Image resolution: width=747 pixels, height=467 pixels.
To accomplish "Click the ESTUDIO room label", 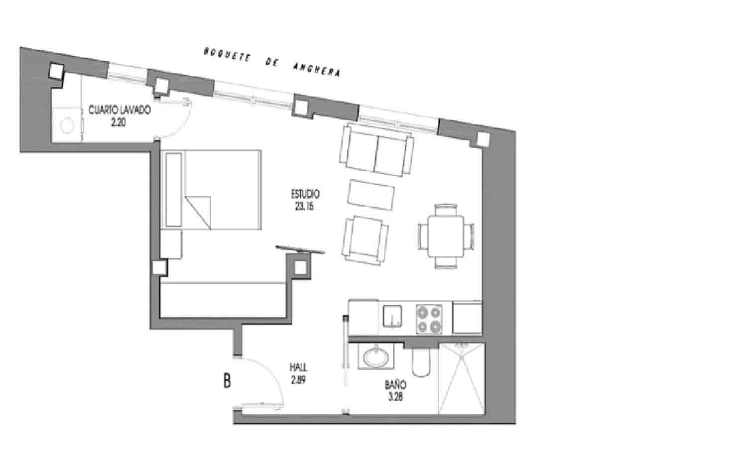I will click(x=305, y=194).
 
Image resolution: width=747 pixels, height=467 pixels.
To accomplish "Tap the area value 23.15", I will click(x=304, y=206).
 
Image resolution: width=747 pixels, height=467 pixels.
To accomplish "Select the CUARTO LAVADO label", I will click(x=119, y=110).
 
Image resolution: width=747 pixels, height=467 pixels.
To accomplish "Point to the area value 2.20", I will click(x=119, y=122).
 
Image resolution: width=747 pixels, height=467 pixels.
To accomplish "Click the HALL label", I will click(x=298, y=368).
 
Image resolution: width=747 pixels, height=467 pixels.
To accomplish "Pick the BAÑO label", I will click(x=395, y=385).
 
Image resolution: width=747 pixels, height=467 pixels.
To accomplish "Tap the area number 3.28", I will click(x=395, y=397).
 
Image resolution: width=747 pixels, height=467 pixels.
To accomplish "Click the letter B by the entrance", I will click(x=227, y=381).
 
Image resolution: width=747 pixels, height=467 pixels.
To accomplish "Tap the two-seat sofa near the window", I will click(x=376, y=150).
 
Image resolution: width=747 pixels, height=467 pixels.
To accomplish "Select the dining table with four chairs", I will click(x=446, y=235).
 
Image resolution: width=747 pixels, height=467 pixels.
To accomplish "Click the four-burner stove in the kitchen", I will click(x=429, y=319).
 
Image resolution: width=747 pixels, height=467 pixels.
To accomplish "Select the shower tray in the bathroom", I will click(x=461, y=378).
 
